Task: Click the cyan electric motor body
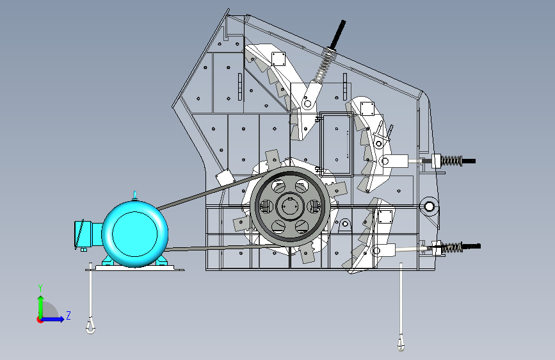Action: (x=135, y=234)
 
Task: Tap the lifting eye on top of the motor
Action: (x=134, y=195)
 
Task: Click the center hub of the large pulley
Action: (x=290, y=206)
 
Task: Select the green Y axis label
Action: (x=40, y=288)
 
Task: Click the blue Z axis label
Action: (x=68, y=315)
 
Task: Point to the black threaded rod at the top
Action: (x=337, y=34)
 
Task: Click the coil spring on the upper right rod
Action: (x=451, y=161)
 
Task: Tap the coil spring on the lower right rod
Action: (x=452, y=247)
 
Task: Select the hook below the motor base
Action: (x=91, y=326)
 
